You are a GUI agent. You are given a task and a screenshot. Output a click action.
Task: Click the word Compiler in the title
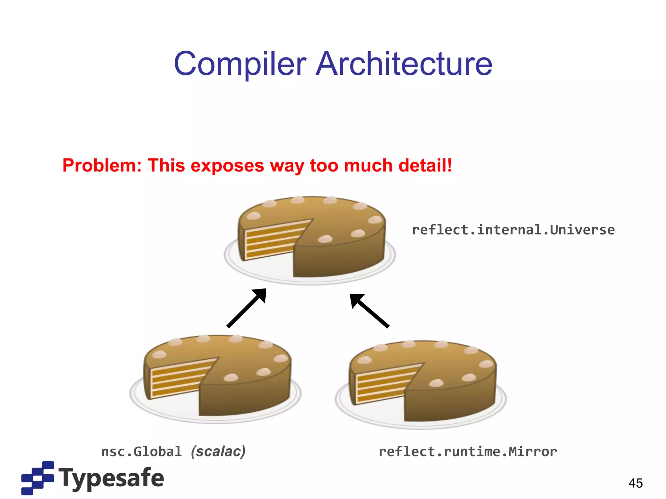point(240,64)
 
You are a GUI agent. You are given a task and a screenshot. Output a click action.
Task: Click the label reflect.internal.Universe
point(513,230)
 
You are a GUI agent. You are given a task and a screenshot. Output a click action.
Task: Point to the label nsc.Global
point(141,452)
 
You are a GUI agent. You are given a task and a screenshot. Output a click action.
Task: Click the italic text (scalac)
point(218,452)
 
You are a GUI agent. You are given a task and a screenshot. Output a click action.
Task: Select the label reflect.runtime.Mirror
point(468,452)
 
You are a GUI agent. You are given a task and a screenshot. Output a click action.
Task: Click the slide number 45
point(635,483)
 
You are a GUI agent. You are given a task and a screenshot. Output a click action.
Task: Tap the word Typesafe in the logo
point(111,478)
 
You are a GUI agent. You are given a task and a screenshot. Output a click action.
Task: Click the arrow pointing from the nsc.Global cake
point(246,308)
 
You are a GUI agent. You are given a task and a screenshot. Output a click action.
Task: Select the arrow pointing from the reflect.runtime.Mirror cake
point(369,311)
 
